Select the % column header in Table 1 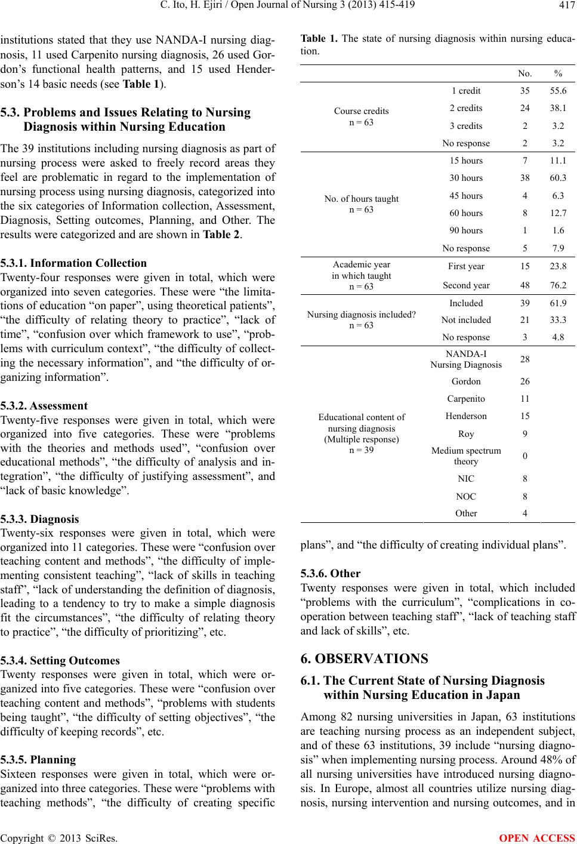coord(557,73)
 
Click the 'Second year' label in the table coord(466,285)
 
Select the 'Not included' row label coord(466,320)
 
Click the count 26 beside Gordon coord(525,381)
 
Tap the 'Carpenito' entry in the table coord(466,399)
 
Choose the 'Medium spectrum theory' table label coord(466,456)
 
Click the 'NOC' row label coord(466,496)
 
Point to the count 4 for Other coord(525,513)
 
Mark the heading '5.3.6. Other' coord(331,574)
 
